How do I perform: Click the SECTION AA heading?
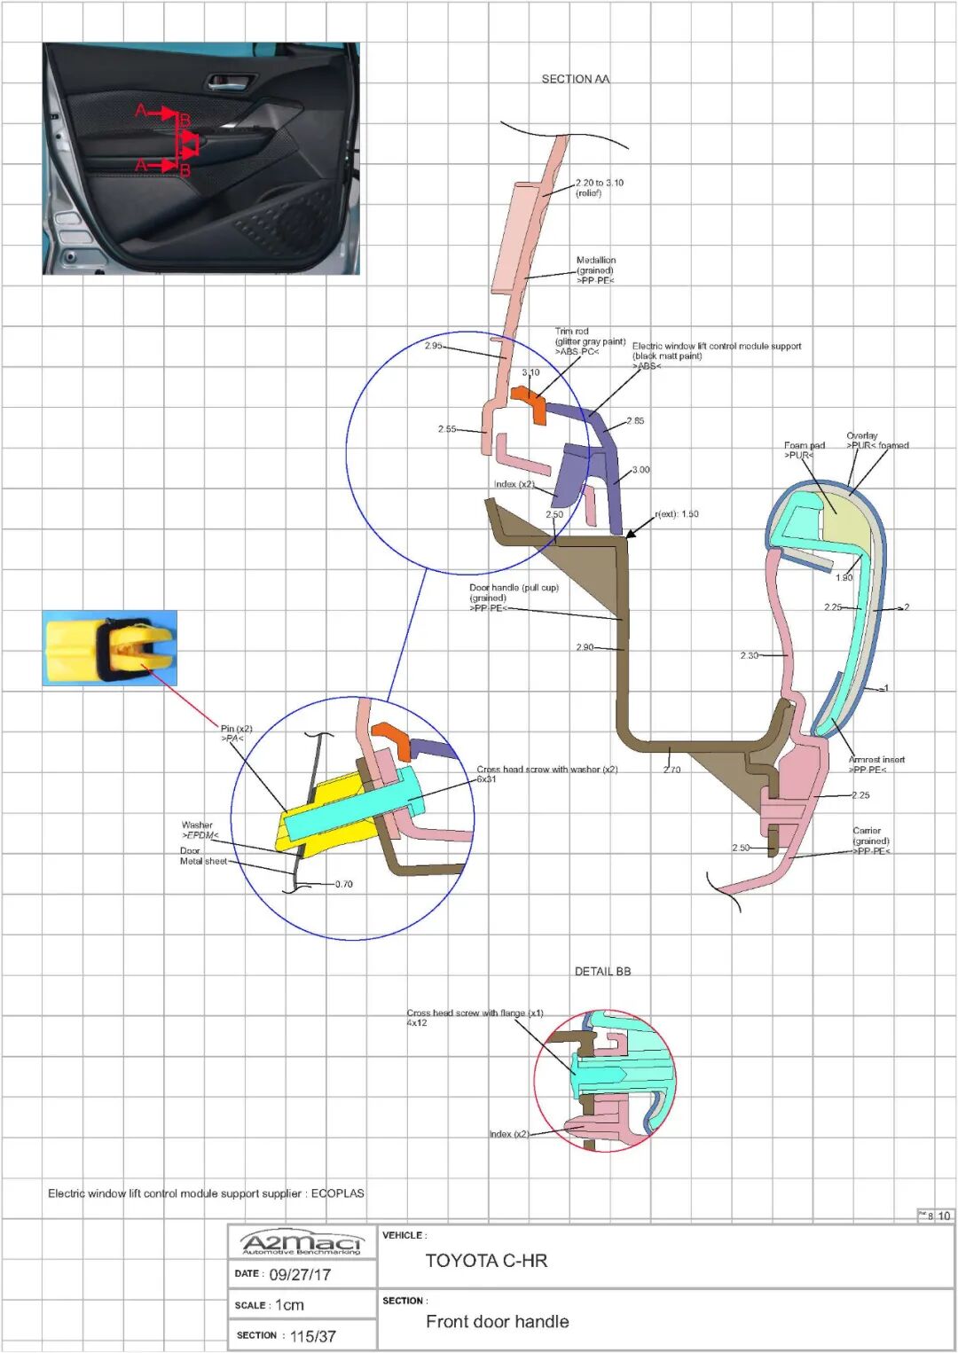(x=576, y=79)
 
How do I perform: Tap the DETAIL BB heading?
(x=602, y=971)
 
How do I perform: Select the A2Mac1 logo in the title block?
(x=302, y=1244)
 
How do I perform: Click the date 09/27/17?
(x=300, y=1274)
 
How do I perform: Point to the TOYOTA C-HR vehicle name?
(x=486, y=1260)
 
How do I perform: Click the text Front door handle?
(x=497, y=1321)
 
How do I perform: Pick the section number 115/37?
(x=312, y=1336)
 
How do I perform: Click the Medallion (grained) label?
(x=595, y=270)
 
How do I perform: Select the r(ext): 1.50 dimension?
(x=677, y=514)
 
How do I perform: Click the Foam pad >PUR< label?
(x=803, y=450)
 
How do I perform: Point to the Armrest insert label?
(x=876, y=764)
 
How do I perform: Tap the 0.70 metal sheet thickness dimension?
(x=344, y=884)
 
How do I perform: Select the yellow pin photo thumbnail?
(x=109, y=648)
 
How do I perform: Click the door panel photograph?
(x=201, y=159)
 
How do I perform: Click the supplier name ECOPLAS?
(x=337, y=1193)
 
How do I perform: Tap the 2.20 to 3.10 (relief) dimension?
(x=599, y=187)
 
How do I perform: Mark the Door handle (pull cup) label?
(x=514, y=597)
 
